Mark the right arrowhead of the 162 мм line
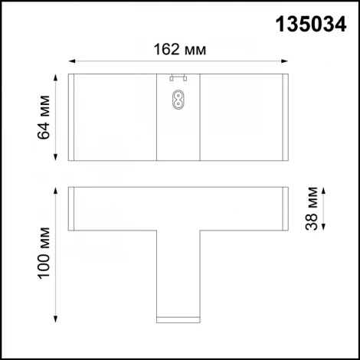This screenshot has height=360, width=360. point(286,61)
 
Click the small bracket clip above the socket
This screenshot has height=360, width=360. point(178,77)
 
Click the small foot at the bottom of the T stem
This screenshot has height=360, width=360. point(178,316)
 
